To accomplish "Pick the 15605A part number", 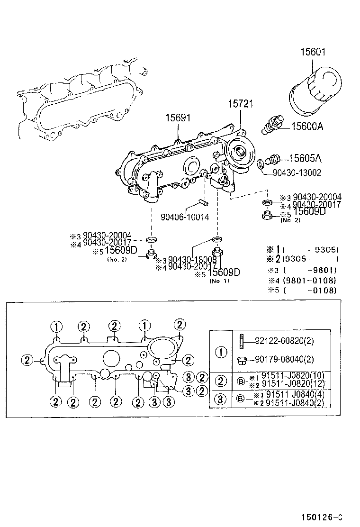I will coord(305,158).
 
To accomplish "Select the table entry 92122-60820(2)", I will coord(284,341).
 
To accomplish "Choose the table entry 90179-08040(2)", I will coord(284,360).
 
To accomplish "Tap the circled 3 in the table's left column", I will coord(221,399).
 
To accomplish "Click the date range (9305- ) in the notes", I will coord(310,259).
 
